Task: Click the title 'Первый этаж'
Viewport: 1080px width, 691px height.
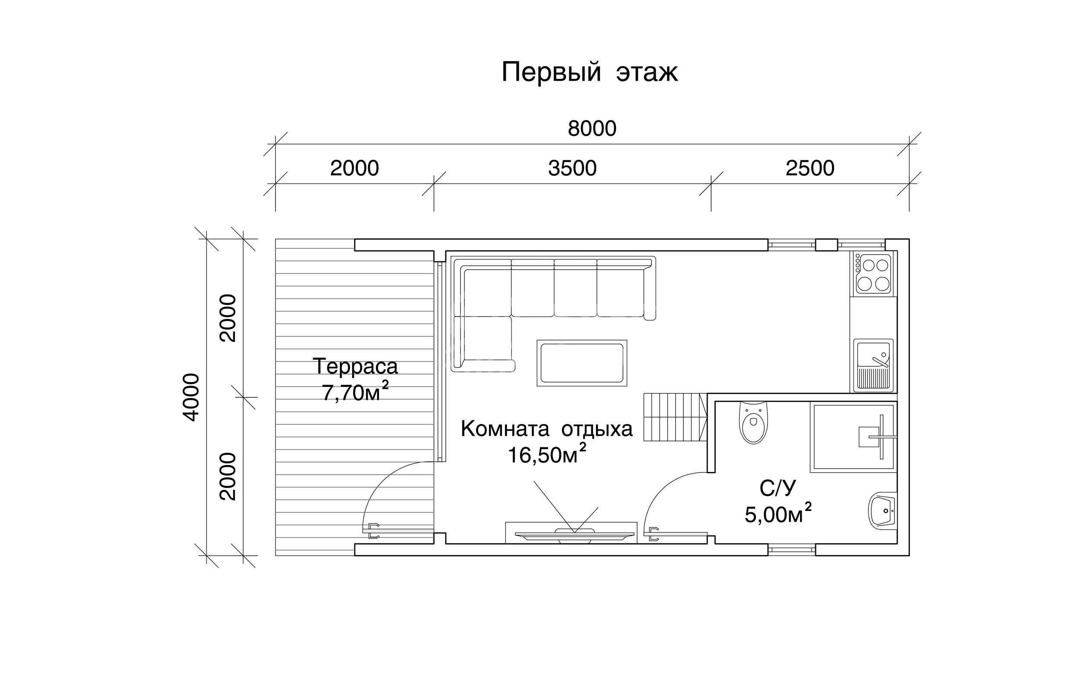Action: point(590,72)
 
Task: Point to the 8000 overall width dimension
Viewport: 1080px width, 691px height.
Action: point(592,129)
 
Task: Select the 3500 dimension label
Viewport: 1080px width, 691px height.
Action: point(572,168)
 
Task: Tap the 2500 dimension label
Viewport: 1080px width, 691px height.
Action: point(810,168)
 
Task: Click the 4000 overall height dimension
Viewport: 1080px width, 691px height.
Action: point(191,397)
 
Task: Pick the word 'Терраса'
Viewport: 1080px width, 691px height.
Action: point(355,366)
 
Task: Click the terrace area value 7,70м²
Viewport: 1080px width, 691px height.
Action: point(355,391)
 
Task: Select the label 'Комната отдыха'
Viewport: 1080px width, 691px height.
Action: point(546,429)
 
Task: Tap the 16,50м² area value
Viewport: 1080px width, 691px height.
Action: point(546,454)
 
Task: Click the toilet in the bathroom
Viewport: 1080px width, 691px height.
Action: point(753,423)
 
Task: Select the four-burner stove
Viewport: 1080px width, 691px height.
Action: point(873,273)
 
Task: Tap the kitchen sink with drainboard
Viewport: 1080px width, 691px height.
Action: point(873,365)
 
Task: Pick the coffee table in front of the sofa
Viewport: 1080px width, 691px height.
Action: point(582,363)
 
